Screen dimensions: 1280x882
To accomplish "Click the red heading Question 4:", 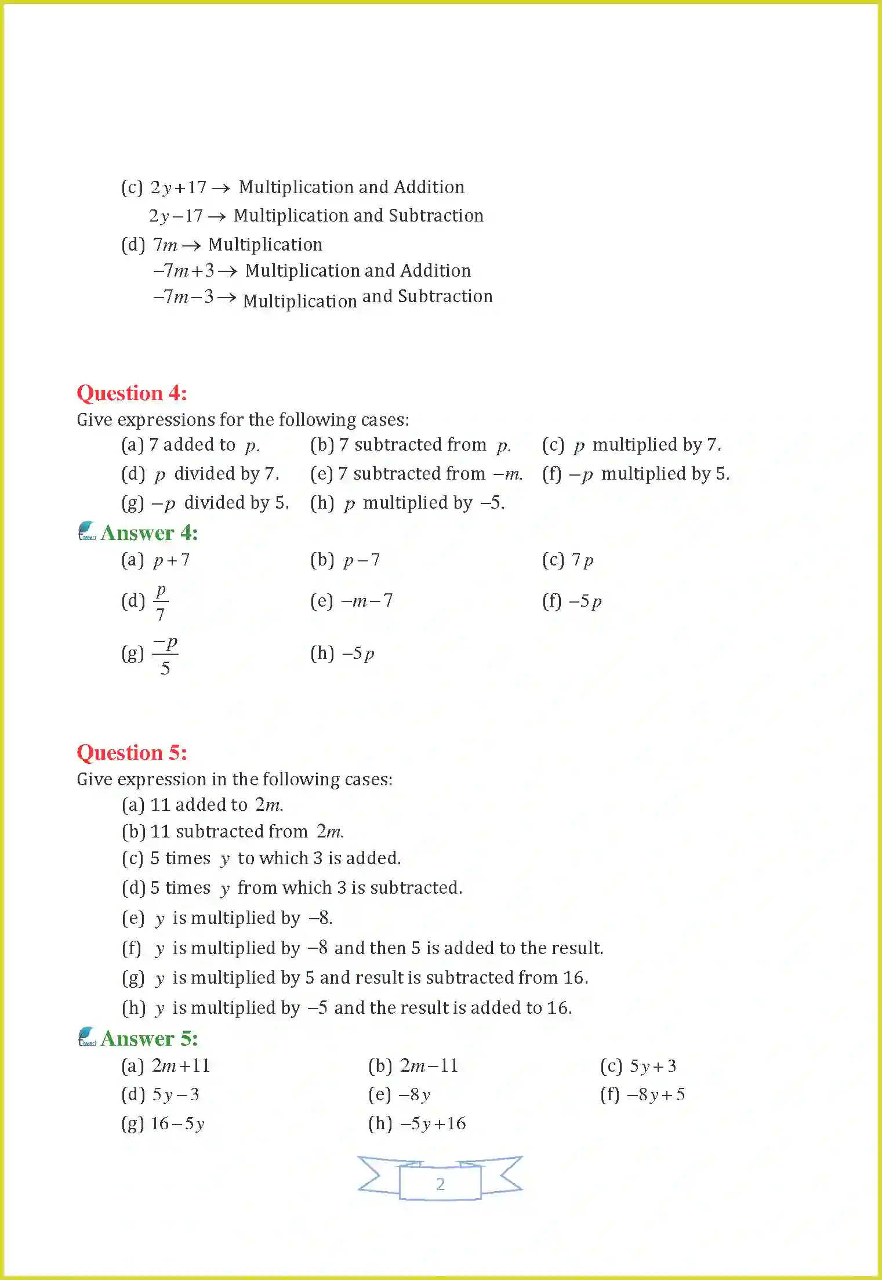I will pos(132,393).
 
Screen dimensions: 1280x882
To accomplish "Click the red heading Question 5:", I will pos(132,753).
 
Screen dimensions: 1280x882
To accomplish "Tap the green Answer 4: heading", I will pos(149,533).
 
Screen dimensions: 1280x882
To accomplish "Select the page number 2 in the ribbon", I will pos(441,1184).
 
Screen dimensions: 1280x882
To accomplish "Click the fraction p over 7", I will pos(161,602).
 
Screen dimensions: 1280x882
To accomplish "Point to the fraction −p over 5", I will pos(165,655).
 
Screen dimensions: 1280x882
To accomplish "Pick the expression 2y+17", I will pos(178,187).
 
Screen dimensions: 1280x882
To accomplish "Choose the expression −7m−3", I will pos(183,297).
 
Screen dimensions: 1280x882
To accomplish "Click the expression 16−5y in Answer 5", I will pos(177,1124).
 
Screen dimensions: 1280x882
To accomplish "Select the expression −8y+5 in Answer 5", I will pos(656,1095).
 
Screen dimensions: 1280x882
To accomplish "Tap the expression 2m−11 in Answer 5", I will pos(429,1066).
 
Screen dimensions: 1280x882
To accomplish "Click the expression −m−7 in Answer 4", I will pos(367,601).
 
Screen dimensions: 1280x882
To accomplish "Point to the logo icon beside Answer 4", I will pos(87,531).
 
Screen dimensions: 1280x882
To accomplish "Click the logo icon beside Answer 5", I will pos(87,1036).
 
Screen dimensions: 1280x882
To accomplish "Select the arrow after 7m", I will pos(191,246).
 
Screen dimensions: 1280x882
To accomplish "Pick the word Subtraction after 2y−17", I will pos(435,216).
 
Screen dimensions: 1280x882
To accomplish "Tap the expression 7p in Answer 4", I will pos(582,560).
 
